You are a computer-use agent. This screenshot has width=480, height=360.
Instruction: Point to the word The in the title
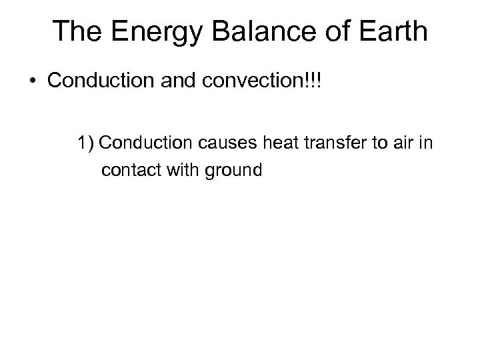[74, 32]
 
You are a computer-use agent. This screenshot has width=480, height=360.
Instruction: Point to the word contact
[127, 171]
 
